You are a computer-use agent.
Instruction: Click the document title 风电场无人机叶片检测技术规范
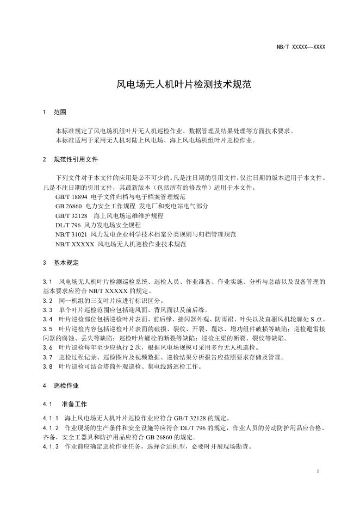pos(179,85)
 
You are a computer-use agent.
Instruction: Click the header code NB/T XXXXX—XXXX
pos(301,47)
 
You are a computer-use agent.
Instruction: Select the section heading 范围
pos(60,113)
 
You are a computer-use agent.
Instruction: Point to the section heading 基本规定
pos(66,263)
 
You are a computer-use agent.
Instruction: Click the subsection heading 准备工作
pos(72,405)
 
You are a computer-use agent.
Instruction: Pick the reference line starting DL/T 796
pos(98,225)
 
